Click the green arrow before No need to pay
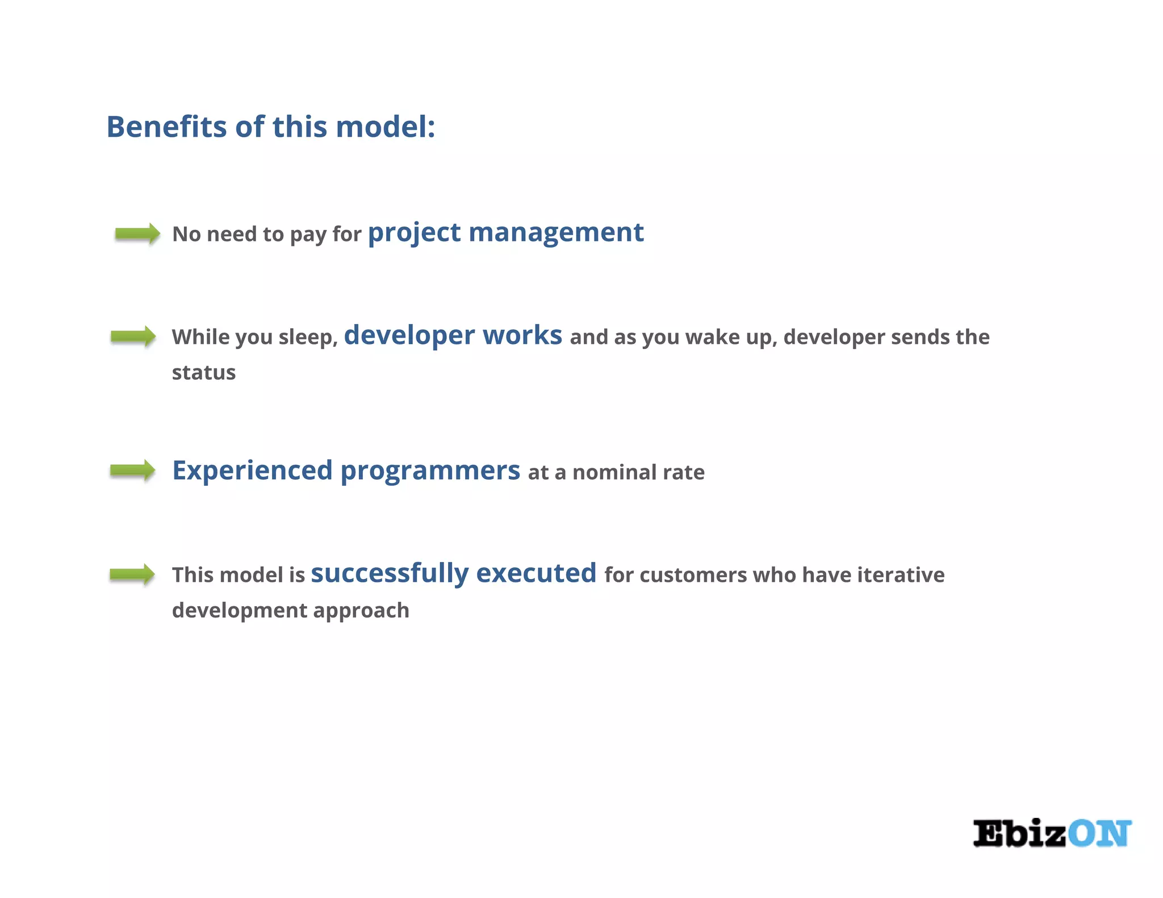click(137, 233)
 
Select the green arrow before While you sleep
click(133, 337)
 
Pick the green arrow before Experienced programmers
click(132, 471)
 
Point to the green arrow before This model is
click(132, 574)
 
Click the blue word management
click(556, 233)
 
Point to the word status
click(204, 373)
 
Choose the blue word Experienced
click(252, 471)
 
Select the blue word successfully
click(390, 573)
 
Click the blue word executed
click(536, 573)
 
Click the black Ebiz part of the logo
click(1019, 834)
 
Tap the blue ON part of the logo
click(1099, 834)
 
